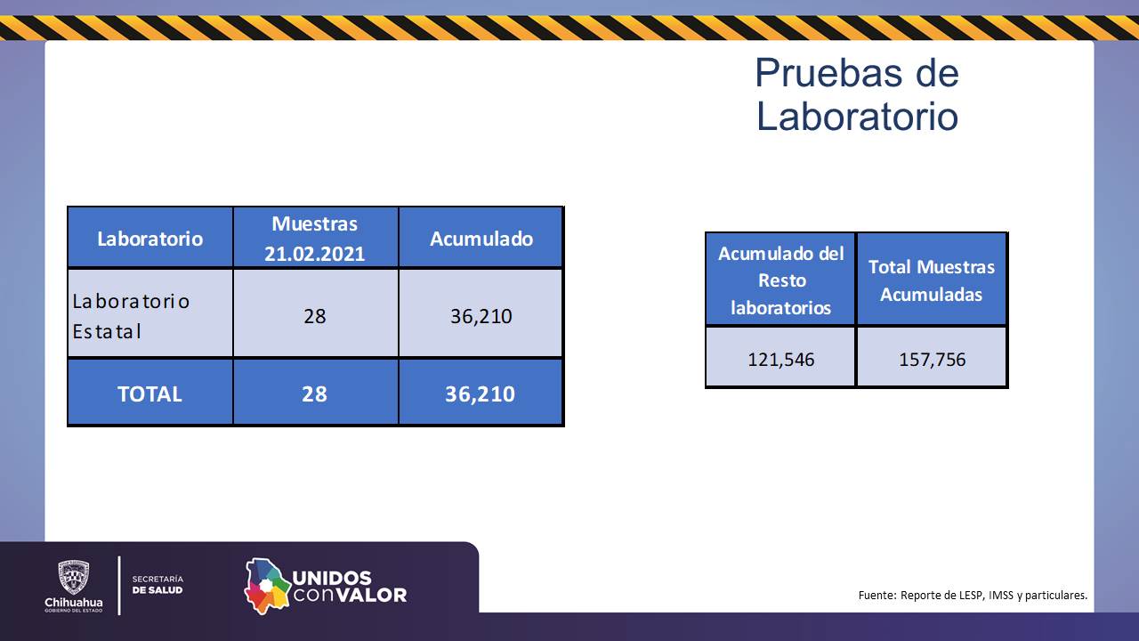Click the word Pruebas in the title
(x=828, y=74)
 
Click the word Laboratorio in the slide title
(x=857, y=117)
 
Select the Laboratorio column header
(x=150, y=239)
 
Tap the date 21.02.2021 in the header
(x=315, y=254)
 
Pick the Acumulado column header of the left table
(x=481, y=239)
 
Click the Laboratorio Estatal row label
(x=131, y=316)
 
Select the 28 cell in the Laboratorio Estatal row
(x=315, y=316)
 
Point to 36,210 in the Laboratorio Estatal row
(x=481, y=316)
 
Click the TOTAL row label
(x=150, y=394)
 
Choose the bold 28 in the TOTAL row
(x=315, y=394)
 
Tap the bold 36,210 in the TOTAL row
(x=480, y=394)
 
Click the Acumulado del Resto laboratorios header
(x=781, y=280)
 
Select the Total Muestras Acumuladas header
(x=932, y=280)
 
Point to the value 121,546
(x=781, y=360)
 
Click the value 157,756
(x=932, y=360)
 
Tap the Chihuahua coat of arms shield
(x=74, y=577)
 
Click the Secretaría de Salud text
(x=158, y=585)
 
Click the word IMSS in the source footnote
(x=1001, y=595)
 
